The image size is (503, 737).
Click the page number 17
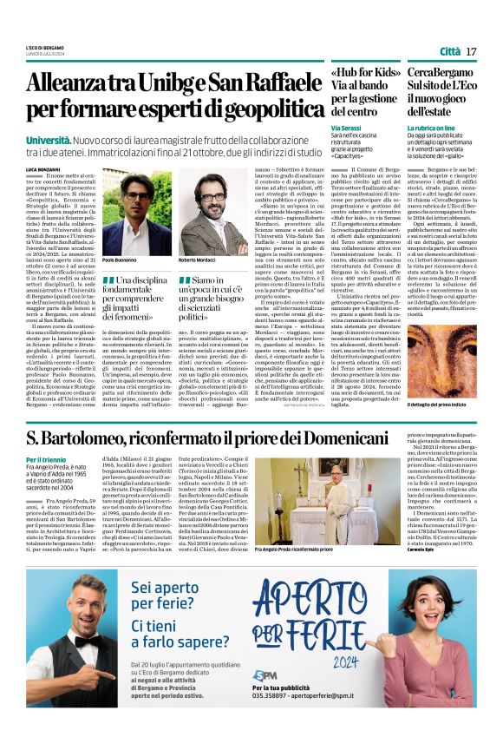[471, 52]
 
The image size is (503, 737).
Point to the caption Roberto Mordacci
[198, 260]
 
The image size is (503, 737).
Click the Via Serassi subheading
[347, 128]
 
